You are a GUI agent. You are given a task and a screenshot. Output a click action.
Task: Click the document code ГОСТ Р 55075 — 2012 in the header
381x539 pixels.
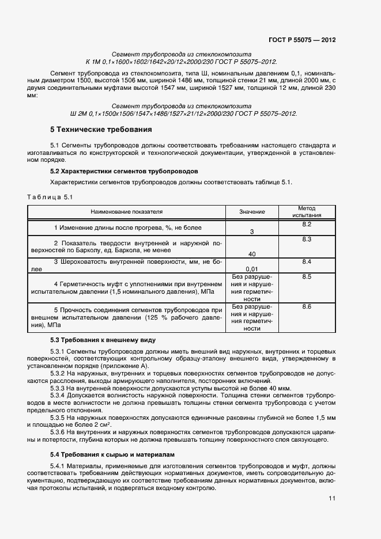click(302, 40)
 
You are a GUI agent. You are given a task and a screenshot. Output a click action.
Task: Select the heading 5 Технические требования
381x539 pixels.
click(101, 130)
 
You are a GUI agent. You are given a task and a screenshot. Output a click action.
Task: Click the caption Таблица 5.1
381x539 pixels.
click(49, 198)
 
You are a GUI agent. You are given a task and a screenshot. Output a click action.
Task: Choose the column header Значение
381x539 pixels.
click(252, 212)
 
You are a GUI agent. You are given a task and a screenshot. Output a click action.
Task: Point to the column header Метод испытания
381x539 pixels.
click(306, 212)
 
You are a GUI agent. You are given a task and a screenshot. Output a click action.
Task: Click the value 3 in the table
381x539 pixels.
click(252, 231)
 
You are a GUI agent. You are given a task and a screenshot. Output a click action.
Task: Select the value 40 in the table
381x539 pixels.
click(252, 254)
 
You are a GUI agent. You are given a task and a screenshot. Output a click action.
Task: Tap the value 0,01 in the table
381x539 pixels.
click(252, 269)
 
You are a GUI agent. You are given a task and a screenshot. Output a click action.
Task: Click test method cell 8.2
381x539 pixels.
click(307, 224)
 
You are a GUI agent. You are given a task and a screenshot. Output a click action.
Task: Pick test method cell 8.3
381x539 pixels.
click(307, 239)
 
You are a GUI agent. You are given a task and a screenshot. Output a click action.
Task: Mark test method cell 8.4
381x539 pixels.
click(307, 262)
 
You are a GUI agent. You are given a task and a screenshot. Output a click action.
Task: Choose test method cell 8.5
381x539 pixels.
click(307, 277)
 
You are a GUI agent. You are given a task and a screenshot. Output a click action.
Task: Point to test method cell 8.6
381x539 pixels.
click(307, 307)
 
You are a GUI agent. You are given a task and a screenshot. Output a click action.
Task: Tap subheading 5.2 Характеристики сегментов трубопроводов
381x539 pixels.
click(124, 172)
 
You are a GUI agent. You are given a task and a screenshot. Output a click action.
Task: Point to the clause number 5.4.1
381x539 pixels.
click(59, 465)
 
